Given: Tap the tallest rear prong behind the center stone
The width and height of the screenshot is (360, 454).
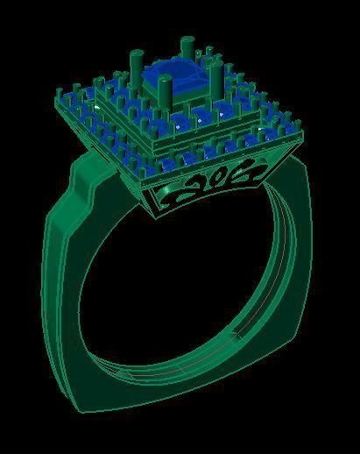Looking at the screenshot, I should point(187,49).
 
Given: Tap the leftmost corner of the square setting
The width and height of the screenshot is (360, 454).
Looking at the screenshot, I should point(59,89).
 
